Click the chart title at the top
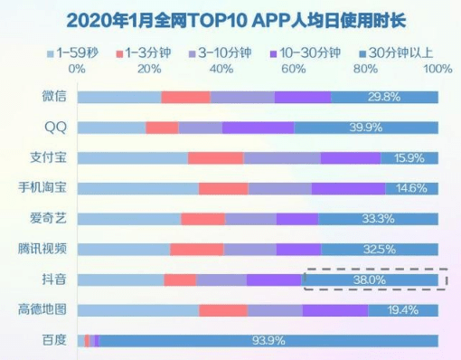[230, 17]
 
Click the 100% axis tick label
[437, 69]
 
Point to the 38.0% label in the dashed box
[369, 280]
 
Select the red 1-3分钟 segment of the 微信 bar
[185, 97]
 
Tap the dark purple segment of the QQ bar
[258, 128]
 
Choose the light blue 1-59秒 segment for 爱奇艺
[128, 219]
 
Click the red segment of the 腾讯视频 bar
[196, 250]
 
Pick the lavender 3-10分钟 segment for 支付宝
[281, 158]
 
